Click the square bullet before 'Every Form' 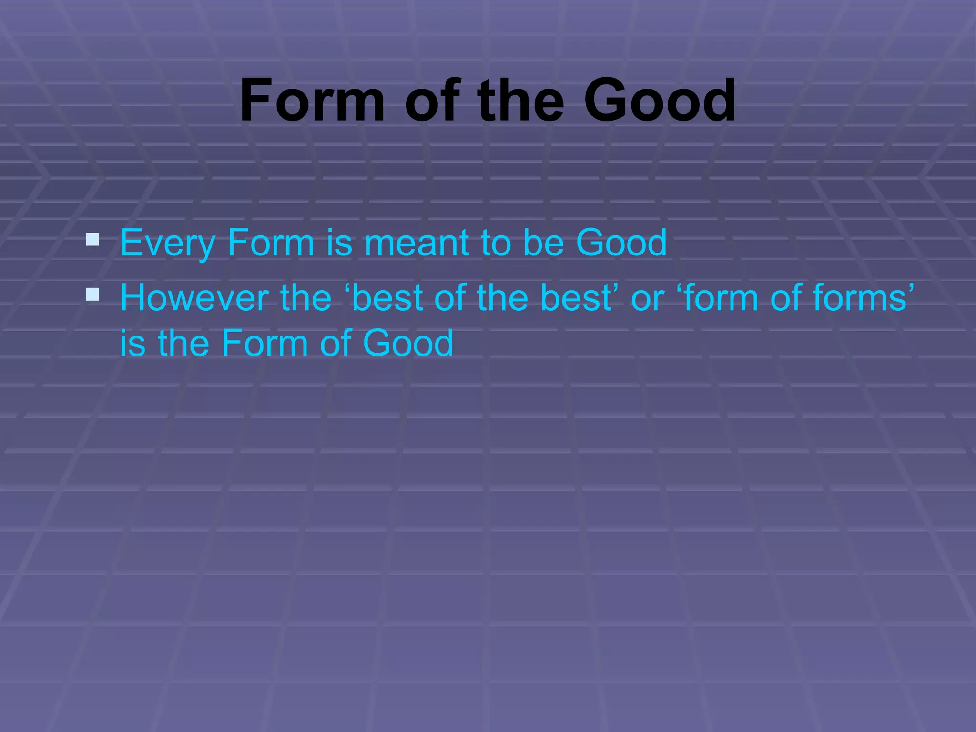[92, 239]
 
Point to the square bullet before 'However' [92, 295]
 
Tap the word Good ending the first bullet [621, 243]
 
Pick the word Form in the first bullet [271, 243]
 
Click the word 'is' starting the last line [132, 343]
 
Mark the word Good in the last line [408, 343]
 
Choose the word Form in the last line [265, 343]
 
